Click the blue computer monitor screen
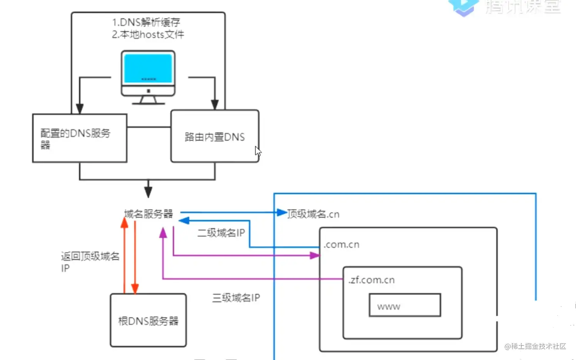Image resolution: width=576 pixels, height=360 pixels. (x=148, y=68)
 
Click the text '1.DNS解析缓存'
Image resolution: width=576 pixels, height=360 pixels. (x=146, y=22)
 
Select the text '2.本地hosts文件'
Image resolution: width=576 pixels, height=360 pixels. (x=148, y=35)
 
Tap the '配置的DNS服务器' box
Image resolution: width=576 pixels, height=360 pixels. (x=80, y=138)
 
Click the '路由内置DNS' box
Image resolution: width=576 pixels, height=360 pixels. (x=215, y=137)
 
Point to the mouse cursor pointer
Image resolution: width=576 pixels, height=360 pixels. (x=257, y=150)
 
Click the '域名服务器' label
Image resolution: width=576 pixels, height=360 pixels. (x=149, y=214)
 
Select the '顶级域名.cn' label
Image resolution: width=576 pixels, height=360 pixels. (x=313, y=214)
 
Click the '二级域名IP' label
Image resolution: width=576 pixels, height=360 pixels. (x=221, y=233)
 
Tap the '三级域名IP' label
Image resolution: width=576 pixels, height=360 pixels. (x=236, y=298)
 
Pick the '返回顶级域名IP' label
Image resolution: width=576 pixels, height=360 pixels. (x=90, y=262)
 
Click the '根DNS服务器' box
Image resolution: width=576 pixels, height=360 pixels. (x=148, y=320)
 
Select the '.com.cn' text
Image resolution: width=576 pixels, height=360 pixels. (x=341, y=245)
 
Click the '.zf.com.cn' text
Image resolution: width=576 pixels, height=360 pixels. (x=372, y=280)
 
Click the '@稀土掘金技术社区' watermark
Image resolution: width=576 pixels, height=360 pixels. (x=535, y=347)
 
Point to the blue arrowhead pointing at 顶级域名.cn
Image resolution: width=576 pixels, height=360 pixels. (x=282, y=212)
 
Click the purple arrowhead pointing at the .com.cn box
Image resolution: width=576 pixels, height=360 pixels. (x=315, y=255)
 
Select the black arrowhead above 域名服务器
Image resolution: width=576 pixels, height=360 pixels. (x=148, y=192)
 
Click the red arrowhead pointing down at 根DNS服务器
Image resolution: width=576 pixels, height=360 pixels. (x=135, y=288)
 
